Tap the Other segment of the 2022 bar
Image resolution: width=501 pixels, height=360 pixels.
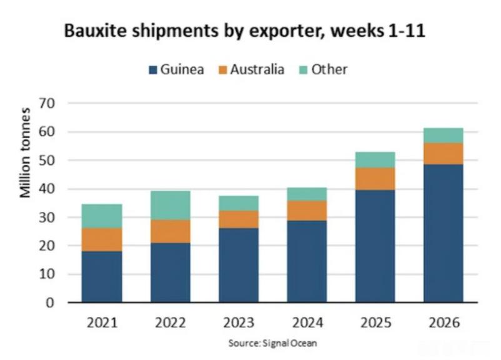tap(171, 205)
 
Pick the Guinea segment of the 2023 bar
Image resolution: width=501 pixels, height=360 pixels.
tap(239, 265)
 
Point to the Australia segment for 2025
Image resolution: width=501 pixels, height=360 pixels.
tap(375, 179)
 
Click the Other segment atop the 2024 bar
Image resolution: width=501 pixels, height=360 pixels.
tap(307, 194)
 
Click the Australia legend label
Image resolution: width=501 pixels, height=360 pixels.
tap(257, 69)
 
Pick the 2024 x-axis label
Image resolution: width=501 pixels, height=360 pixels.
tap(307, 323)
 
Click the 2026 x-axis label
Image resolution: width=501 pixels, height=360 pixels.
tap(444, 323)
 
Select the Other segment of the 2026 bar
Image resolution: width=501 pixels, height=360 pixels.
tap(444, 136)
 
